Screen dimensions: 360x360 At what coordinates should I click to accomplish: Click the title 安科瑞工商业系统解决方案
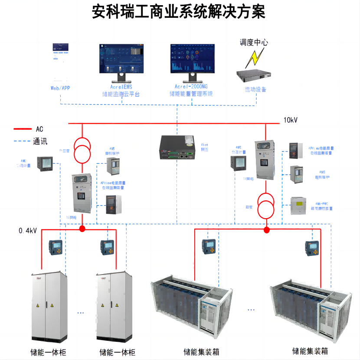click(179, 11)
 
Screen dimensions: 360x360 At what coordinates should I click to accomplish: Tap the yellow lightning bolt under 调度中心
click(253, 57)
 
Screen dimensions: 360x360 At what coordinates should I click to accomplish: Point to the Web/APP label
click(60, 88)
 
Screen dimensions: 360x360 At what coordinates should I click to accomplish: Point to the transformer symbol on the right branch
click(266, 206)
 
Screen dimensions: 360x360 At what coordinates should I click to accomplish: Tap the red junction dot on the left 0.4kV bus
click(82, 228)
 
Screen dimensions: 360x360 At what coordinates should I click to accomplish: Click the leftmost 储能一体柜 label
click(49, 352)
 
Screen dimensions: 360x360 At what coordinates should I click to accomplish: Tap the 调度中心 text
click(254, 43)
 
